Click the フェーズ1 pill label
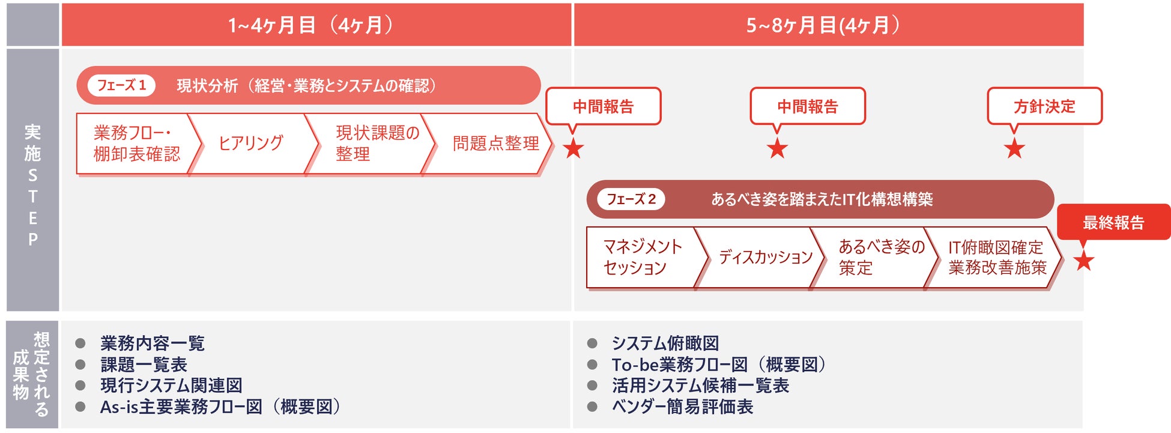point(121,85)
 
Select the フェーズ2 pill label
point(631,199)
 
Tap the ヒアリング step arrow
point(251,144)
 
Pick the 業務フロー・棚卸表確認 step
point(136,144)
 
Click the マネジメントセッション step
point(642,257)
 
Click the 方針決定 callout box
point(1044,106)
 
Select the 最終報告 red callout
point(1113,222)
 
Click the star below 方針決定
point(1014,148)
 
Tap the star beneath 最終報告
point(1084,261)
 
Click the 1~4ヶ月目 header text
point(310,25)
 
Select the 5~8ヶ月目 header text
point(823,25)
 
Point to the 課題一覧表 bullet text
point(144,365)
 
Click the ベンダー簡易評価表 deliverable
point(682,407)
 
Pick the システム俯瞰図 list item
point(665,344)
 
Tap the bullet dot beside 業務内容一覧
point(80,344)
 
